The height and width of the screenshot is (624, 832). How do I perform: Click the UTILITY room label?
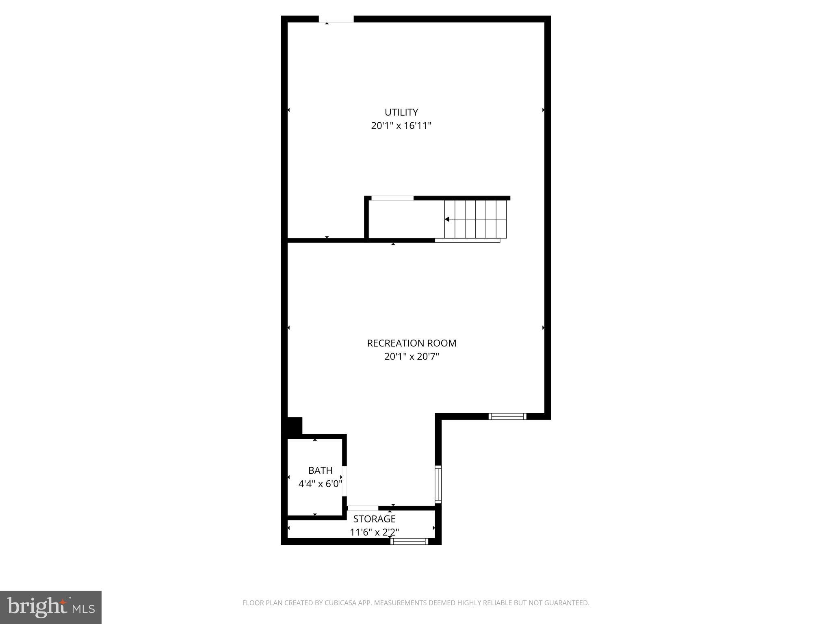(x=401, y=112)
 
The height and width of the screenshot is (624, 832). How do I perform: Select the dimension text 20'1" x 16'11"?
(x=401, y=126)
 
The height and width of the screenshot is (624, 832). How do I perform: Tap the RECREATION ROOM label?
(x=412, y=343)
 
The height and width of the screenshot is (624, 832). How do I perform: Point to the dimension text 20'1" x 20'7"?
(x=412, y=357)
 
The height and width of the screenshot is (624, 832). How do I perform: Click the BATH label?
(x=320, y=470)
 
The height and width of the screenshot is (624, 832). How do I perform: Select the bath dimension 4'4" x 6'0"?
(x=320, y=484)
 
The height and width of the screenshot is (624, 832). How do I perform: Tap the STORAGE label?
(x=374, y=519)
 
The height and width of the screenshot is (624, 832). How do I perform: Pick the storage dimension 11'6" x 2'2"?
(x=374, y=532)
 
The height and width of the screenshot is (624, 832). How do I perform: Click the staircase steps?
(x=475, y=219)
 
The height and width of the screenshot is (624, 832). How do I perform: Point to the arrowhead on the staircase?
(x=447, y=219)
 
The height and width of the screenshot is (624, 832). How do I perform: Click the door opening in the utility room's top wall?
(x=336, y=19)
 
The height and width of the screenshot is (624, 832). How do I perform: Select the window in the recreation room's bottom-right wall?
(x=507, y=416)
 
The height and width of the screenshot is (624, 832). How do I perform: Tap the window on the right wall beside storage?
(x=438, y=484)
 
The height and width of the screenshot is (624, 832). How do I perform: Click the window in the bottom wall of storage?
(x=409, y=541)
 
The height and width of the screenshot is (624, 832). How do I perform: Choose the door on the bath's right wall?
(x=344, y=481)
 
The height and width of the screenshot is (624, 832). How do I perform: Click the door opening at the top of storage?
(x=363, y=508)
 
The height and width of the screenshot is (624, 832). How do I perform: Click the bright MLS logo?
(x=50, y=607)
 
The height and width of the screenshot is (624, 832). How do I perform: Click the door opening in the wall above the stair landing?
(x=392, y=198)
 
